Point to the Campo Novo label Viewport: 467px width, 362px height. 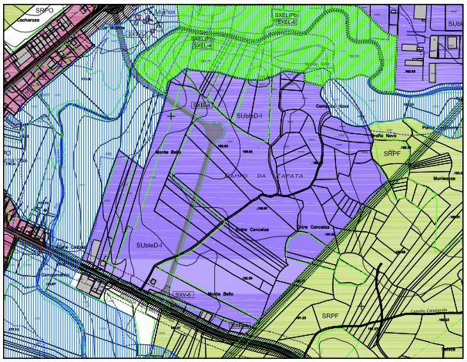pyautogui.click(x=332, y=106)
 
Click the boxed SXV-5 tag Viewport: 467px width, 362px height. pyautogui.click(x=182, y=294)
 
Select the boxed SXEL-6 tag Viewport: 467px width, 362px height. pyautogui.click(x=286, y=22)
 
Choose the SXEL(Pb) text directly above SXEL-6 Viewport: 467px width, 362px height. pyautogui.click(x=287, y=15)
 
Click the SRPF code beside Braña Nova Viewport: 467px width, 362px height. pyautogui.click(x=392, y=153)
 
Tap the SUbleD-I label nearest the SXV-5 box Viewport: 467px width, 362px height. pyautogui.click(x=150, y=244)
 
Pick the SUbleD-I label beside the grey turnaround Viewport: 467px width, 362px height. pyautogui.click(x=249, y=116)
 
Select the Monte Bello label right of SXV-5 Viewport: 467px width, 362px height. pyautogui.click(x=220, y=293)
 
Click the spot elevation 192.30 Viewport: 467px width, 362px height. pyautogui.click(x=247, y=278)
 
